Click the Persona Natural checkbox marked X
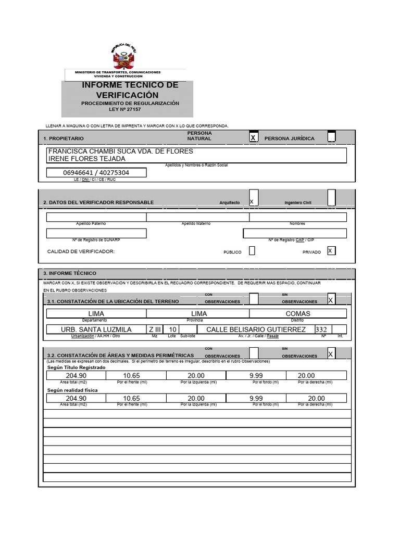pyautogui.click(x=253, y=137)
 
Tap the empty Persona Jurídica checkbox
pyautogui.click(x=331, y=137)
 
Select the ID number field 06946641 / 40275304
pyautogui.click(x=96, y=173)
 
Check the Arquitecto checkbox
pyautogui.click(x=253, y=198)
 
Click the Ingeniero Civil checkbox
pyautogui.click(x=331, y=198)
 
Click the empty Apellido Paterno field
pyautogui.click(x=96, y=217)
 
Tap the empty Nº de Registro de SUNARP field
pyautogui.click(x=96, y=233)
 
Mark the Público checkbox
pyautogui.click(x=252, y=251)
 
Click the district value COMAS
pyautogui.click(x=298, y=313)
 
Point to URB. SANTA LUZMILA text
pyautogui.click(x=96, y=329)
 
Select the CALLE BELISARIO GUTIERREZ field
pyautogui.click(x=256, y=329)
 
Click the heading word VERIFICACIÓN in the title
pyautogui.click(x=127, y=95)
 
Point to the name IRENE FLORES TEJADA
pyautogui.click(x=86, y=158)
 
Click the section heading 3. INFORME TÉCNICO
pyautogui.click(x=70, y=273)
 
